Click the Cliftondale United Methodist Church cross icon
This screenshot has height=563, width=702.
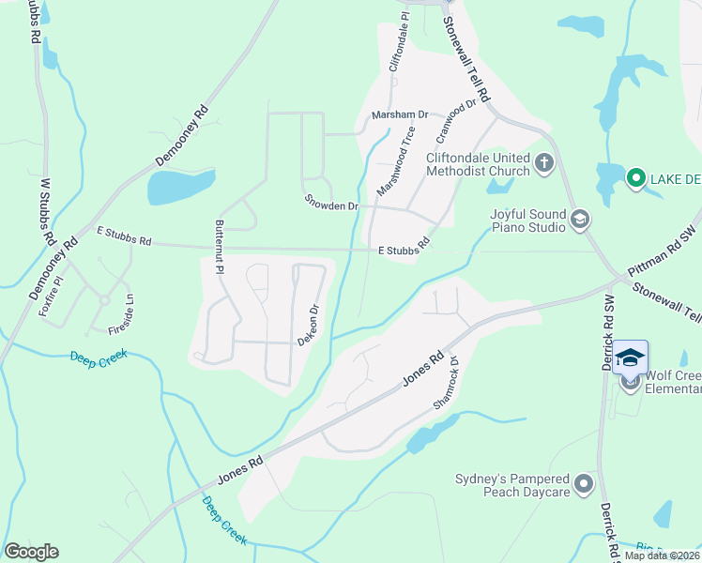(543, 165)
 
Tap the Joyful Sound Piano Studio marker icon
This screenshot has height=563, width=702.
(580, 221)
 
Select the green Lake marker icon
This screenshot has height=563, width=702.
(634, 177)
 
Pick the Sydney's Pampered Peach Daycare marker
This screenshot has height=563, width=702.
(585, 485)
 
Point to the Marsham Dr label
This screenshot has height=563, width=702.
(400, 114)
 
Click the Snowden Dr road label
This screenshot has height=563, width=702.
(332, 204)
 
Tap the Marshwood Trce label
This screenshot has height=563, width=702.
(395, 161)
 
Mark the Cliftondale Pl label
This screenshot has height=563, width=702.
(399, 41)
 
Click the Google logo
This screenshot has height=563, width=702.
(31, 552)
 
